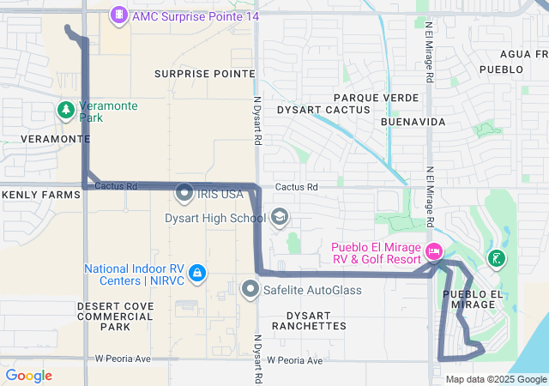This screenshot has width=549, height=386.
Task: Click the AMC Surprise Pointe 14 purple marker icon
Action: tap(118, 15)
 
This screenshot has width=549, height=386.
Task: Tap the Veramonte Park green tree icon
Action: tap(66, 111)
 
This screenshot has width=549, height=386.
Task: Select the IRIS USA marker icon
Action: tap(184, 194)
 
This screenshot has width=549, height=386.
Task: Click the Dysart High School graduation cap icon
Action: tap(280, 218)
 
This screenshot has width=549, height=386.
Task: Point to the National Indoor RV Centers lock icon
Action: tap(197, 274)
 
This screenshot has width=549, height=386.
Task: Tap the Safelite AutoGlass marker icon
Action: tap(250, 289)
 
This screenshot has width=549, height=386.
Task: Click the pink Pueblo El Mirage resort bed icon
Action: tap(434, 253)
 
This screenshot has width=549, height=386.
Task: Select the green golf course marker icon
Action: tap(495, 257)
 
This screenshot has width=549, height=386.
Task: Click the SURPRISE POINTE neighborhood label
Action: tap(205, 74)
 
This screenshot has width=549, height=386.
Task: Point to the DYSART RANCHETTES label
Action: tap(309, 320)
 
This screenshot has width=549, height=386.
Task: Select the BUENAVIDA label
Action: tap(413, 122)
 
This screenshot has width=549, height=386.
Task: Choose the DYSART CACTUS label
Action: tap(323, 110)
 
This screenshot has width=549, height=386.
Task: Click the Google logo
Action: tap(29, 376)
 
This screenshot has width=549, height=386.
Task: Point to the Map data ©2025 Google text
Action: tap(496, 380)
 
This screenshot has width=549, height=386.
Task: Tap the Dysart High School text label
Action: tap(214, 218)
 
